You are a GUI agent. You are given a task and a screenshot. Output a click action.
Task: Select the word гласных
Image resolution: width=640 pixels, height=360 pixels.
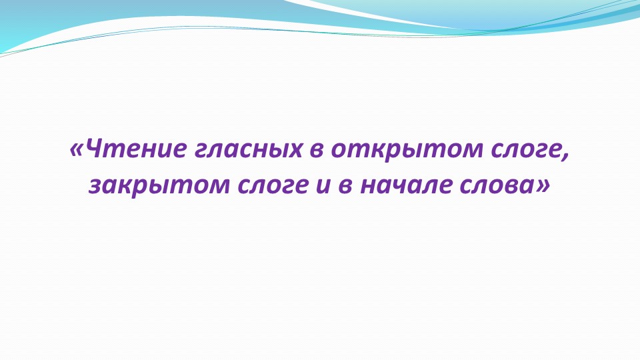[249, 149]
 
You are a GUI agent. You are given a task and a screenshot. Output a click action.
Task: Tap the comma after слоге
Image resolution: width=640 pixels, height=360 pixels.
[567, 156]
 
